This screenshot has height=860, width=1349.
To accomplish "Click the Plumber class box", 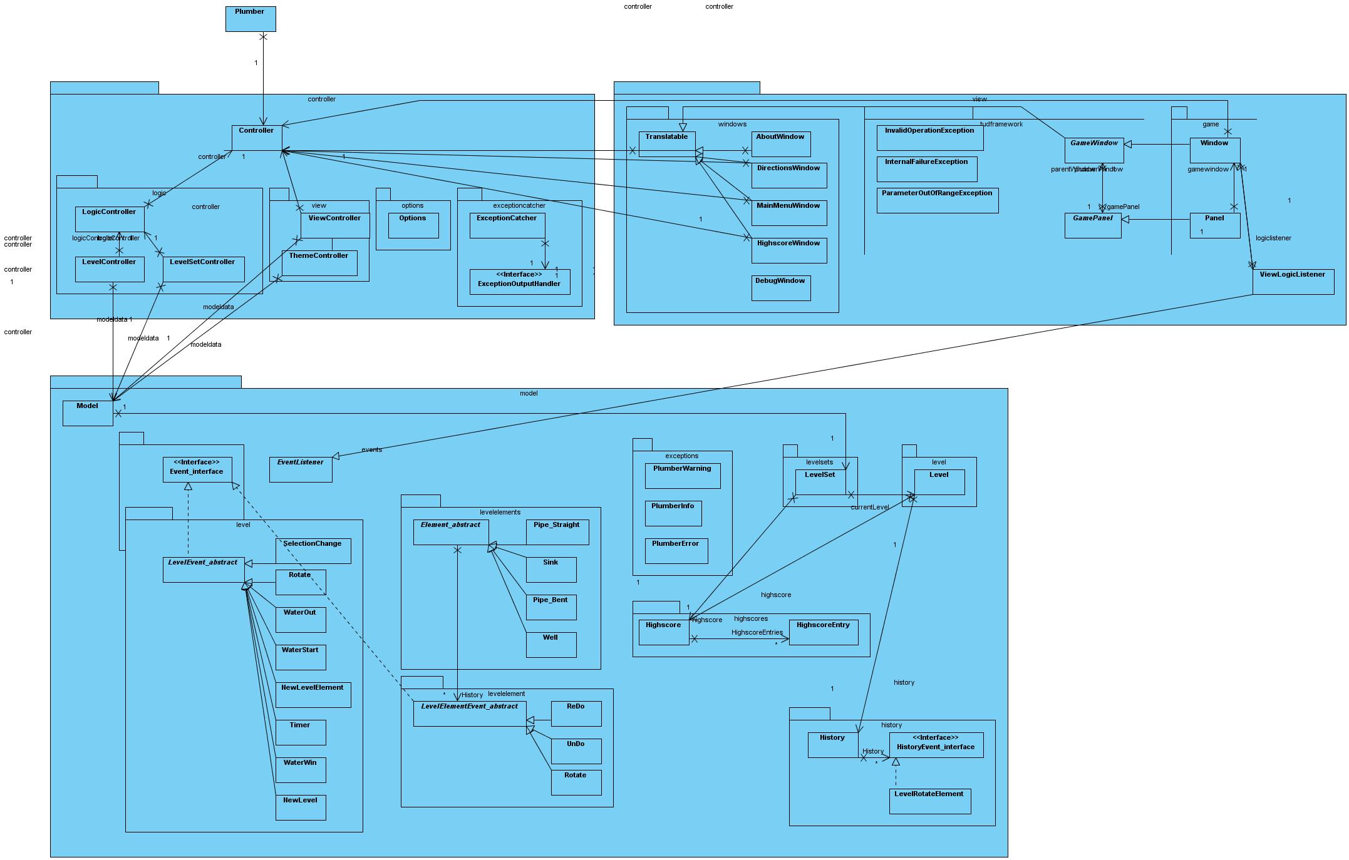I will [x=251, y=19].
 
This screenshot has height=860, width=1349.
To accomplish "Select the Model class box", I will [x=88, y=413].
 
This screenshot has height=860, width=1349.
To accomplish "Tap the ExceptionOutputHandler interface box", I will [x=520, y=282].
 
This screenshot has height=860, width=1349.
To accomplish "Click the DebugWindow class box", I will [x=780, y=288].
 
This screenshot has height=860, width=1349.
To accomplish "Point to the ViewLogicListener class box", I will [x=1293, y=282].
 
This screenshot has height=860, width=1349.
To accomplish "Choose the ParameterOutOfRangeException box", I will [x=937, y=200].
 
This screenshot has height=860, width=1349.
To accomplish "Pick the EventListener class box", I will [x=301, y=469].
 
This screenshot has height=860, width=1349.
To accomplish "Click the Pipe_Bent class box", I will [x=551, y=607].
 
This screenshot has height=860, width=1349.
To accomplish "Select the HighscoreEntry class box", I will [x=823, y=632].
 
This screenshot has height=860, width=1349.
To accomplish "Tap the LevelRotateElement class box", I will [x=929, y=801].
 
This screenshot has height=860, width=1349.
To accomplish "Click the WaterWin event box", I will [x=301, y=770].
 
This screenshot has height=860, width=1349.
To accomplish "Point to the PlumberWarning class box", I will [x=683, y=476].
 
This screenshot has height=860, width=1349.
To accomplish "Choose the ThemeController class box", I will [x=319, y=263].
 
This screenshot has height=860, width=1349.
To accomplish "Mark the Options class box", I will [x=413, y=225].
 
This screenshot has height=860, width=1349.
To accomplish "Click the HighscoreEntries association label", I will [x=757, y=632].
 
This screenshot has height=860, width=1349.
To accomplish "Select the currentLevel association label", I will [x=869, y=507].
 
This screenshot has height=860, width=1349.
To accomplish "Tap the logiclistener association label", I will [x=1273, y=238].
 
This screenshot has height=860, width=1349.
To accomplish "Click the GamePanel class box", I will [x=1093, y=225].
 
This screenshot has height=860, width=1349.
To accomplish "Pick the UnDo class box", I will [x=576, y=751].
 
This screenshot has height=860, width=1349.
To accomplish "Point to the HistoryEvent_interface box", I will [x=936, y=745].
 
